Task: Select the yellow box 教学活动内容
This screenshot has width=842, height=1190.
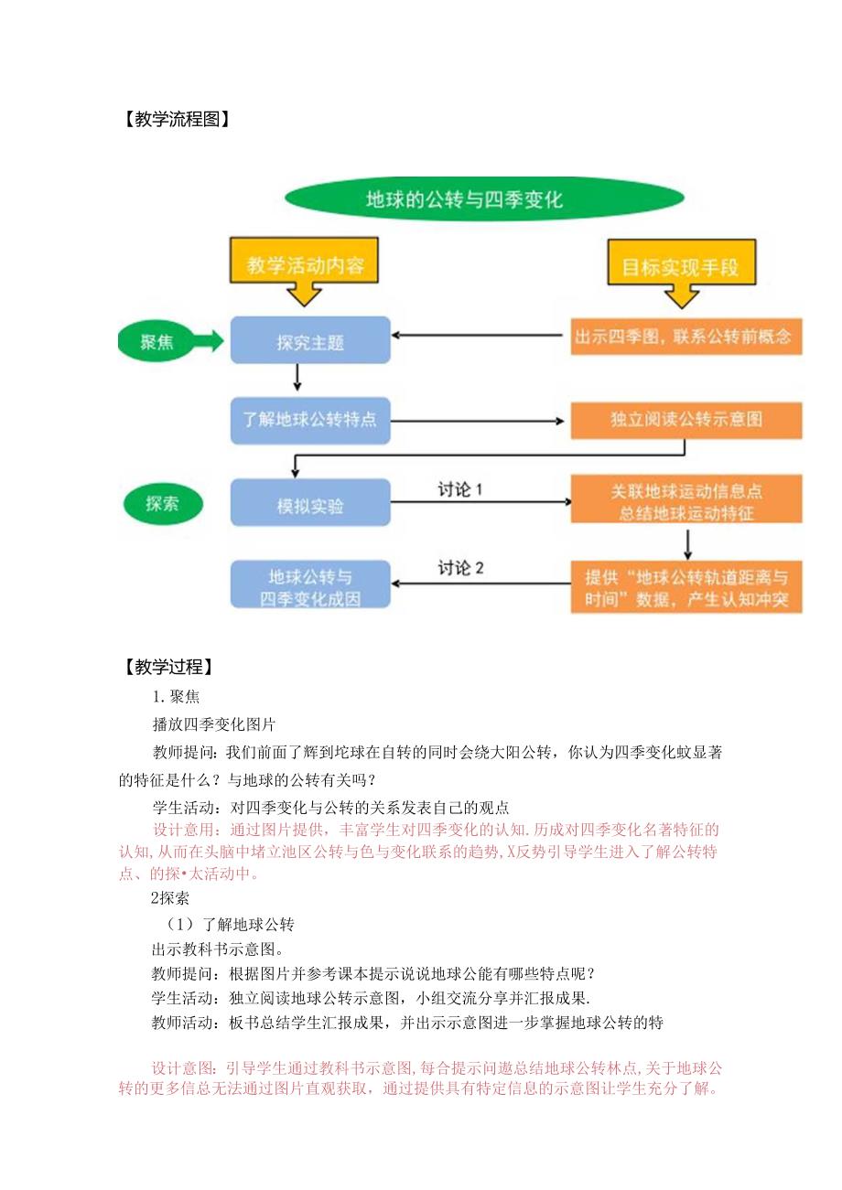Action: pos(305,265)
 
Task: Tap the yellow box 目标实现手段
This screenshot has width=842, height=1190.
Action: pos(680,267)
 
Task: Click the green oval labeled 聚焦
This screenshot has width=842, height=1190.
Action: pos(157,342)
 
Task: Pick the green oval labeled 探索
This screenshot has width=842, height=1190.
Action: pos(162,502)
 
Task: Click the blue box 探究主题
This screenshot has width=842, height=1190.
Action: pos(309,342)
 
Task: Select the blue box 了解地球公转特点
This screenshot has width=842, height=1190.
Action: pos(309,421)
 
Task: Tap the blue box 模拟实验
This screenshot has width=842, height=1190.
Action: pos(309,503)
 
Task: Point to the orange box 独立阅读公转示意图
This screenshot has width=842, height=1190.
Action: pos(686,420)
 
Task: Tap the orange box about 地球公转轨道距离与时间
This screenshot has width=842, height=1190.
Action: pos(686,588)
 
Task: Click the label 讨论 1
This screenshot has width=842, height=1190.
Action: pos(459,489)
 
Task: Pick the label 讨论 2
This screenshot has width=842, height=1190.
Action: pos(459,568)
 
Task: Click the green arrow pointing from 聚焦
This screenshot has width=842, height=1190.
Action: pos(208,342)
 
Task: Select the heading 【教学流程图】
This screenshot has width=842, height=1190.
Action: pos(174,118)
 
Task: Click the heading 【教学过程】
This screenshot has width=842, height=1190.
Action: pos(167,667)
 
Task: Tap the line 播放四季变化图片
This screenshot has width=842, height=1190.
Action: pos(214,724)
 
